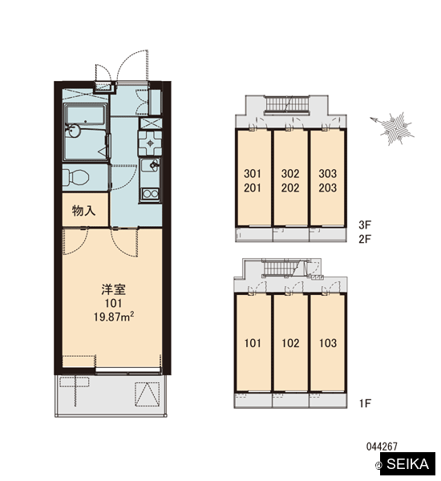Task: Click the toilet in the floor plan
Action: click(76, 177)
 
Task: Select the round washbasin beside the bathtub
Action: click(73, 130)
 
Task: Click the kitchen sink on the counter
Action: click(150, 166)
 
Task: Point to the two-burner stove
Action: click(150, 194)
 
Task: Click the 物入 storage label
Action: click(83, 211)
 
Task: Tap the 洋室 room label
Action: click(114, 289)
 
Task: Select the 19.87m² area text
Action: click(114, 317)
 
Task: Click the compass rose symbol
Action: click(393, 127)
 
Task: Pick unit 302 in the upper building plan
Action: click(290, 174)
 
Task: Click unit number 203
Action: click(328, 188)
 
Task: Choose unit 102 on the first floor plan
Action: click(290, 343)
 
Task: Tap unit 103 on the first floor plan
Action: click(328, 343)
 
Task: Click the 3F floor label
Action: click(365, 224)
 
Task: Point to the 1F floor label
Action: click(365, 403)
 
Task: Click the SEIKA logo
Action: click(407, 464)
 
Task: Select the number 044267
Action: click(382, 447)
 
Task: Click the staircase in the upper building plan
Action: click(287, 104)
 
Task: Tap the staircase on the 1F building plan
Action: click(282, 267)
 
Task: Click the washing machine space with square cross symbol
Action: click(150, 123)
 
